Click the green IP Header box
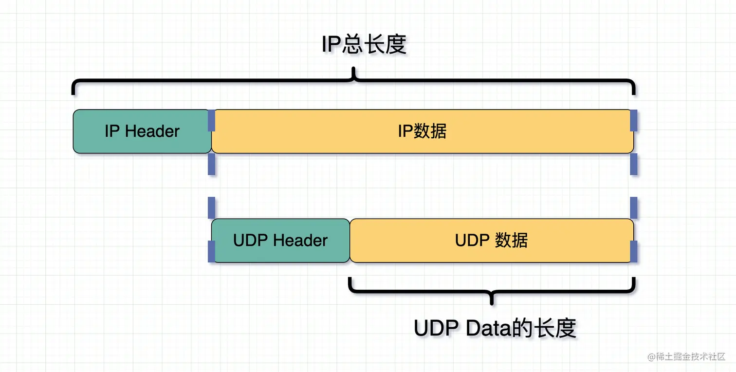point(142,131)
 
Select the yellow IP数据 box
point(422,131)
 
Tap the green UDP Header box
point(280,241)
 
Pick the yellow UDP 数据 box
point(492,241)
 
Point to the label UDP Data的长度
point(495,329)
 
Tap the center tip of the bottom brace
point(492,302)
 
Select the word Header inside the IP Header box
point(152,131)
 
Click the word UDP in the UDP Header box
point(250,241)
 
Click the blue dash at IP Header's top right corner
point(211,120)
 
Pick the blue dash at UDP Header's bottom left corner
point(211,251)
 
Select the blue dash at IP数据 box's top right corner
point(634,120)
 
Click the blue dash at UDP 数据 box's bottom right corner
point(634,251)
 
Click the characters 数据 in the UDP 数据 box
point(511,241)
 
